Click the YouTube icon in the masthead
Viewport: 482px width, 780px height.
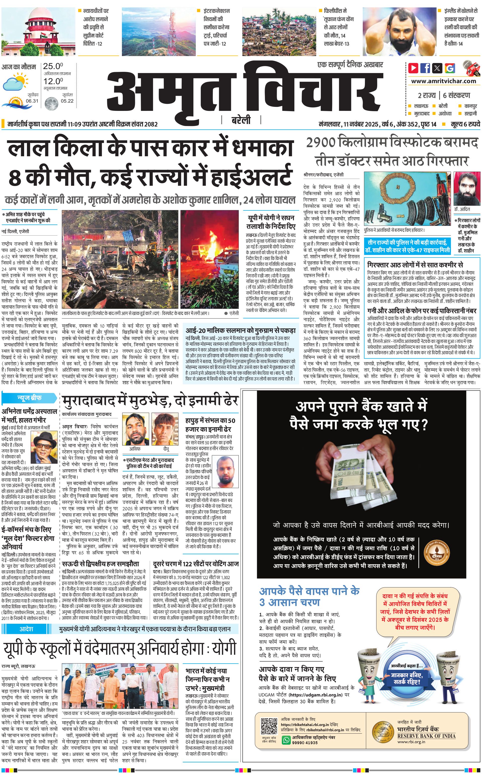click(413, 68)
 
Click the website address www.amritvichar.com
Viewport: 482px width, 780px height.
click(443, 81)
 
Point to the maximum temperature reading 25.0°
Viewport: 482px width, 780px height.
click(53, 66)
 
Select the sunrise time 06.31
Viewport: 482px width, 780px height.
click(32, 101)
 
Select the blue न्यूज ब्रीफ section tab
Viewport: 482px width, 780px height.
click(29, 398)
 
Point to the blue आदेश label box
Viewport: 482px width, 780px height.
click(26, 629)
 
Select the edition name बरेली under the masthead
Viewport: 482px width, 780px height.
click(241, 120)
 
